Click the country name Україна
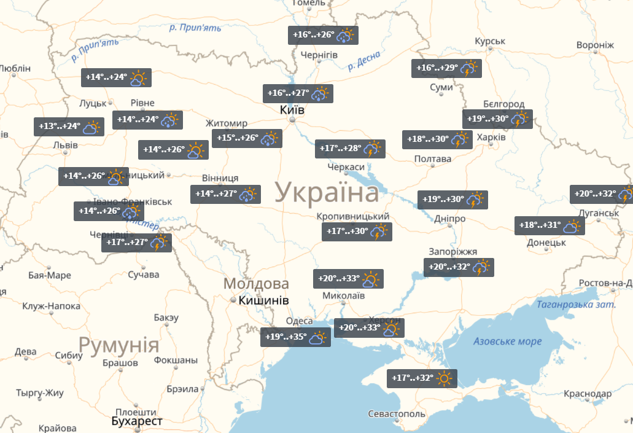pos(327,193)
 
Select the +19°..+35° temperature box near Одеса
pos(295,337)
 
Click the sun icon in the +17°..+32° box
pos(445,378)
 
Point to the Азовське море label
pos(507,341)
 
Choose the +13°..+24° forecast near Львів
pos(68,127)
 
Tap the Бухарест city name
pos(137,421)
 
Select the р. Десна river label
pos(364,61)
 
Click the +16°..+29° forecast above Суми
pos(446,68)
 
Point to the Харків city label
pos(491,136)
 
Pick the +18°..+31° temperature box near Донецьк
pos(549,225)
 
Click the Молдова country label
pos(256,284)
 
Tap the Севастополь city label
pos(396,414)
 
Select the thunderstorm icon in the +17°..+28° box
pos(372,149)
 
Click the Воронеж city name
pos(594,45)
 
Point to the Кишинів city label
pos(263,300)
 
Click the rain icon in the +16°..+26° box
pos(345,35)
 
